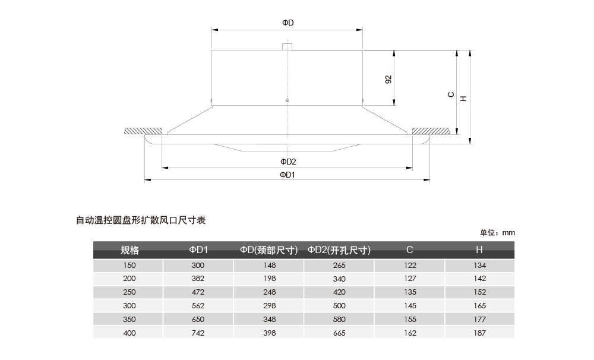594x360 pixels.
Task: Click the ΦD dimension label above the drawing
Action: (x=288, y=23)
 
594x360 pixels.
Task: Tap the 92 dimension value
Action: (x=388, y=80)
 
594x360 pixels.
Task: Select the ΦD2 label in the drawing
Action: (x=288, y=162)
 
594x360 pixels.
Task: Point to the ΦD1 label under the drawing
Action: (x=287, y=175)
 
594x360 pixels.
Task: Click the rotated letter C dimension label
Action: (x=451, y=94)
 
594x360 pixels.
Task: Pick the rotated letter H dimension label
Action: (x=463, y=99)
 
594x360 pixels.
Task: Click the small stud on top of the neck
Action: (x=287, y=46)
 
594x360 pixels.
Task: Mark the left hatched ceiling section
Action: (x=143, y=131)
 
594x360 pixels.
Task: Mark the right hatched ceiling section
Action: (x=431, y=131)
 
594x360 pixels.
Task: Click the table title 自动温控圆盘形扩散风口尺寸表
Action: (x=141, y=220)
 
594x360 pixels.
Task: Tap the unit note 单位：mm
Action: (x=497, y=233)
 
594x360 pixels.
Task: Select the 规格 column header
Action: (x=129, y=250)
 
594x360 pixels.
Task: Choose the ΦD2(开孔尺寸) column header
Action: (x=339, y=250)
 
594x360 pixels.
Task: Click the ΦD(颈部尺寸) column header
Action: (x=269, y=250)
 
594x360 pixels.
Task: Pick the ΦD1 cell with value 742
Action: (x=198, y=333)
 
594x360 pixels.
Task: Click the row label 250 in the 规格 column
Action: (x=129, y=292)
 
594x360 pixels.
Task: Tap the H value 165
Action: (x=479, y=306)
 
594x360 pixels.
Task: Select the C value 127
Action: (x=410, y=279)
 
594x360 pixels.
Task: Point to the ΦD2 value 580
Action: (x=339, y=320)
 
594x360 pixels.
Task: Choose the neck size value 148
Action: (x=269, y=266)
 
